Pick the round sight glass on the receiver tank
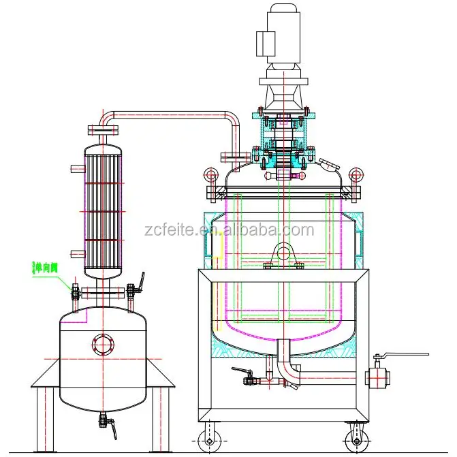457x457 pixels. tap(103, 343)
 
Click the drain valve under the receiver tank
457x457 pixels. tap(104, 422)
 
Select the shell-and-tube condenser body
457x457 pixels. tap(103, 211)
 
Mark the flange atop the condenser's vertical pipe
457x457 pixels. tap(103, 129)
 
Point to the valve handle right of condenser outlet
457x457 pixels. tap(141, 281)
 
